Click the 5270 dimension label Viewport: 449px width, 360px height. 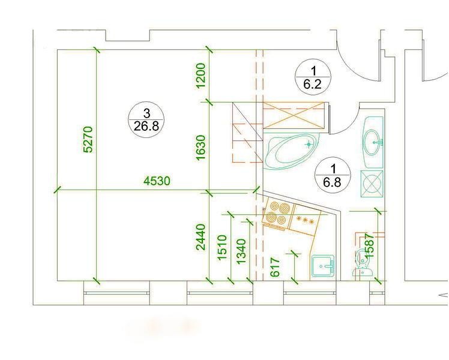88,139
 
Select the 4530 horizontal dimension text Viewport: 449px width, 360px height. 157,181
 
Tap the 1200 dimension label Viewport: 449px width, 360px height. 201,76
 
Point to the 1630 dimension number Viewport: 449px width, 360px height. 201,148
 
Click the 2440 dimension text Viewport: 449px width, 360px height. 201,237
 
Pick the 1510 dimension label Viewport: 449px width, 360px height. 222,248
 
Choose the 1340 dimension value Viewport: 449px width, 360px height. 241,251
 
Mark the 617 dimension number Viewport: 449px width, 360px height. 275,267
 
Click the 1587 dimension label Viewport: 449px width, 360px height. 369,245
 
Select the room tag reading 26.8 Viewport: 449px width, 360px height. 146,120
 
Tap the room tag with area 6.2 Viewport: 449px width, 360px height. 313,77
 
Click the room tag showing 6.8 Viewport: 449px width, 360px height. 333,175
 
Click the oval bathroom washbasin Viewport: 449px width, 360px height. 373,142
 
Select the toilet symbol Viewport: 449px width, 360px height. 362,262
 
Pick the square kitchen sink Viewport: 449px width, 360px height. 323,266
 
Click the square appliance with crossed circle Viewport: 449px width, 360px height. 372,184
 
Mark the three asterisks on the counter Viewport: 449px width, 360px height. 305,220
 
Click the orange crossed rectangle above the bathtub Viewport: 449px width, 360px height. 294,115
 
